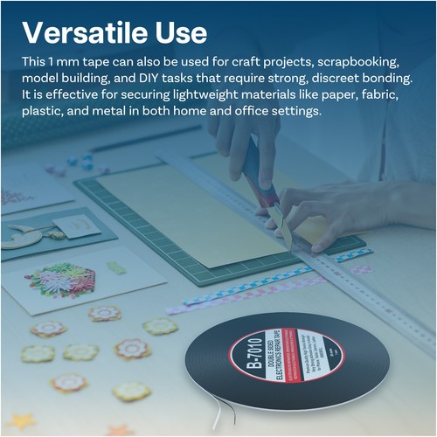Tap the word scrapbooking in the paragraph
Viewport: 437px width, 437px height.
point(362,64)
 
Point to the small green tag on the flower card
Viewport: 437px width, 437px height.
point(114,267)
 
